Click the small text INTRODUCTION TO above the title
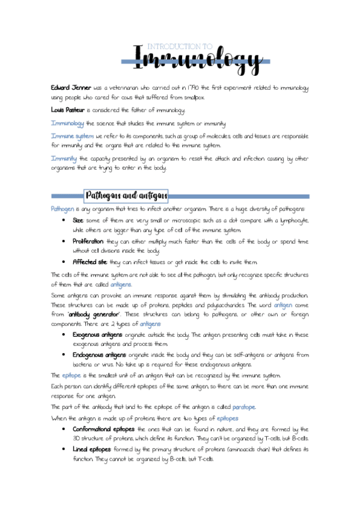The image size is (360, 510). point(180,46)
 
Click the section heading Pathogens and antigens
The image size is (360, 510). point(126,195)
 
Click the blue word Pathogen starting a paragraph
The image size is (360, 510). point(63,209)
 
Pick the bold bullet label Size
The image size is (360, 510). point(78,221)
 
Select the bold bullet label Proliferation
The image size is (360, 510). point(88,241)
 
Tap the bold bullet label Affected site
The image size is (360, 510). point(90,262)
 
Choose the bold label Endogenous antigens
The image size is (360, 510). point(99,354)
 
